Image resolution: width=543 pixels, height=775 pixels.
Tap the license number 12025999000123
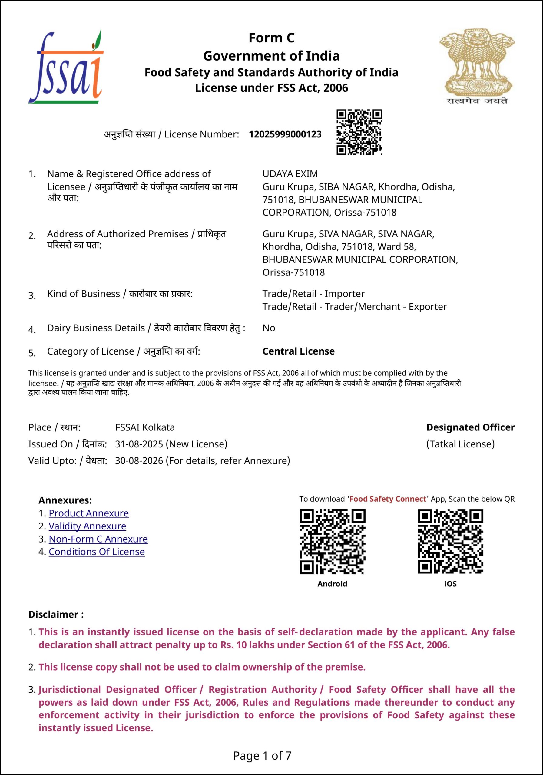click(x=285, y=134)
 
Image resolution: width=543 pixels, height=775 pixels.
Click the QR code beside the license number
click(x=359, y=132)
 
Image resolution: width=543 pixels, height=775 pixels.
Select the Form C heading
click(x=271, y=38)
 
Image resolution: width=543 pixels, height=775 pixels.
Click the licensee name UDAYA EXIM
click(x=290, y=174)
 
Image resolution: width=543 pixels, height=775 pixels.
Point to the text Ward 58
click(x=396, y=247)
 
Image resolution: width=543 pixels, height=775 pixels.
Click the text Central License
click(x=299, y=351)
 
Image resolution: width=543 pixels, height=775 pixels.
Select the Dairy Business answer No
click(x=269, y=328)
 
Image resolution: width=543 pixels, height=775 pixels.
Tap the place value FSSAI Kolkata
click(x=145, y=427)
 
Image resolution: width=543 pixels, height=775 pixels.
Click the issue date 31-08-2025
click(x=139, y=444)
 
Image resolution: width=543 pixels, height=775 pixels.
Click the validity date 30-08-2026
click(x=139, y=460)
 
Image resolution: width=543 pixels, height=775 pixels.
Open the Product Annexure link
click(x=88, y=513)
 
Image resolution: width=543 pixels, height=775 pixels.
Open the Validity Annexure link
click(x=87, y=526)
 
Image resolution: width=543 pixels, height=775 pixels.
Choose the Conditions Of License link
click(x=97, y=552)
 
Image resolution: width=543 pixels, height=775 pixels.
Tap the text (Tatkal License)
click(x=460, y=444)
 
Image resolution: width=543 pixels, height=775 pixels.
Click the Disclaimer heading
click(x=56, y=614)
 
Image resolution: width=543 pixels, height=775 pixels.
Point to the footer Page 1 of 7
click(x=262, y=755)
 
